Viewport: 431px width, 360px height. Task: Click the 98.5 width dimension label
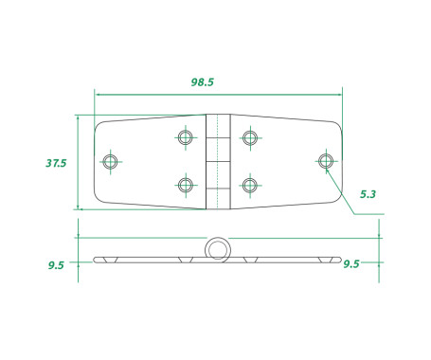pyautogui.click(x=203, y=82)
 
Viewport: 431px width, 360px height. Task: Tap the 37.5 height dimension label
pyautogui.click(x=56, y=163)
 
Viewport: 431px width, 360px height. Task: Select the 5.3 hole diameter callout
pyautogui.click(x=368, y=194)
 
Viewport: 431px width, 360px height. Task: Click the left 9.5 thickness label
pyautogui.click(x=56, y=265)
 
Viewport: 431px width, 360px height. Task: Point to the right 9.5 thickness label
pyautogui.click(x=351, y=264)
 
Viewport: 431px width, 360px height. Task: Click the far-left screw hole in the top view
pyautogui.click(x=111, y=161)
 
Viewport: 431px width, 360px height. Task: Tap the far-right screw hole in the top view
pyautogui.click(x=326, y=161)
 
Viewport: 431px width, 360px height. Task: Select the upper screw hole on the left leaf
pyautogui.click(x=186, y=137)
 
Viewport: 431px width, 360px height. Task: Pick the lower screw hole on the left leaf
pyautogui.click(x=186, y=185)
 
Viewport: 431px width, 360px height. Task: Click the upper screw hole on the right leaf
pyautogui.click(x=250, y=137)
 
